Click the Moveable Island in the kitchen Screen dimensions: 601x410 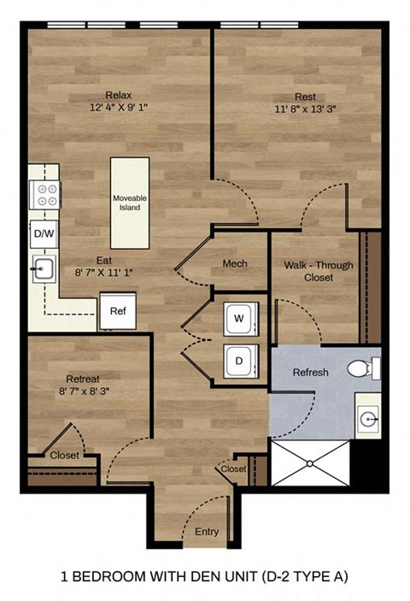point(130,203)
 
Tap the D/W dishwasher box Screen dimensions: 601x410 point(43,233)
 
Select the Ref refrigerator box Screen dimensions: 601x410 point(117,311)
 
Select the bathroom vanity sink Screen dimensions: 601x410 point(367,419)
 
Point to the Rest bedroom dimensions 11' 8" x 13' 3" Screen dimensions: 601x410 point(304,109)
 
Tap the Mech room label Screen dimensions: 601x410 point(235,263)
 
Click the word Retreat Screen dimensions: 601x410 point(83,379)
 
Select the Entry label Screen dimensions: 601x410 point(207,531)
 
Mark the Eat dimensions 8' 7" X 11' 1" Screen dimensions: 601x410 point(104,272)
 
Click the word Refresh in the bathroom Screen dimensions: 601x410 point(311,373)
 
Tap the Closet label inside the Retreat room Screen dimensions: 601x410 point(64,456)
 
